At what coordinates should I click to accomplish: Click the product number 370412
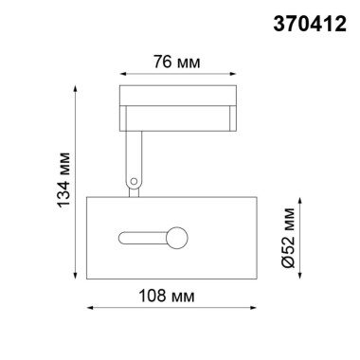coord(310,18)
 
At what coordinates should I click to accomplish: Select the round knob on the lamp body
coord(177,234)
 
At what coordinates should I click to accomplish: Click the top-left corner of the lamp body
coord(87,197)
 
